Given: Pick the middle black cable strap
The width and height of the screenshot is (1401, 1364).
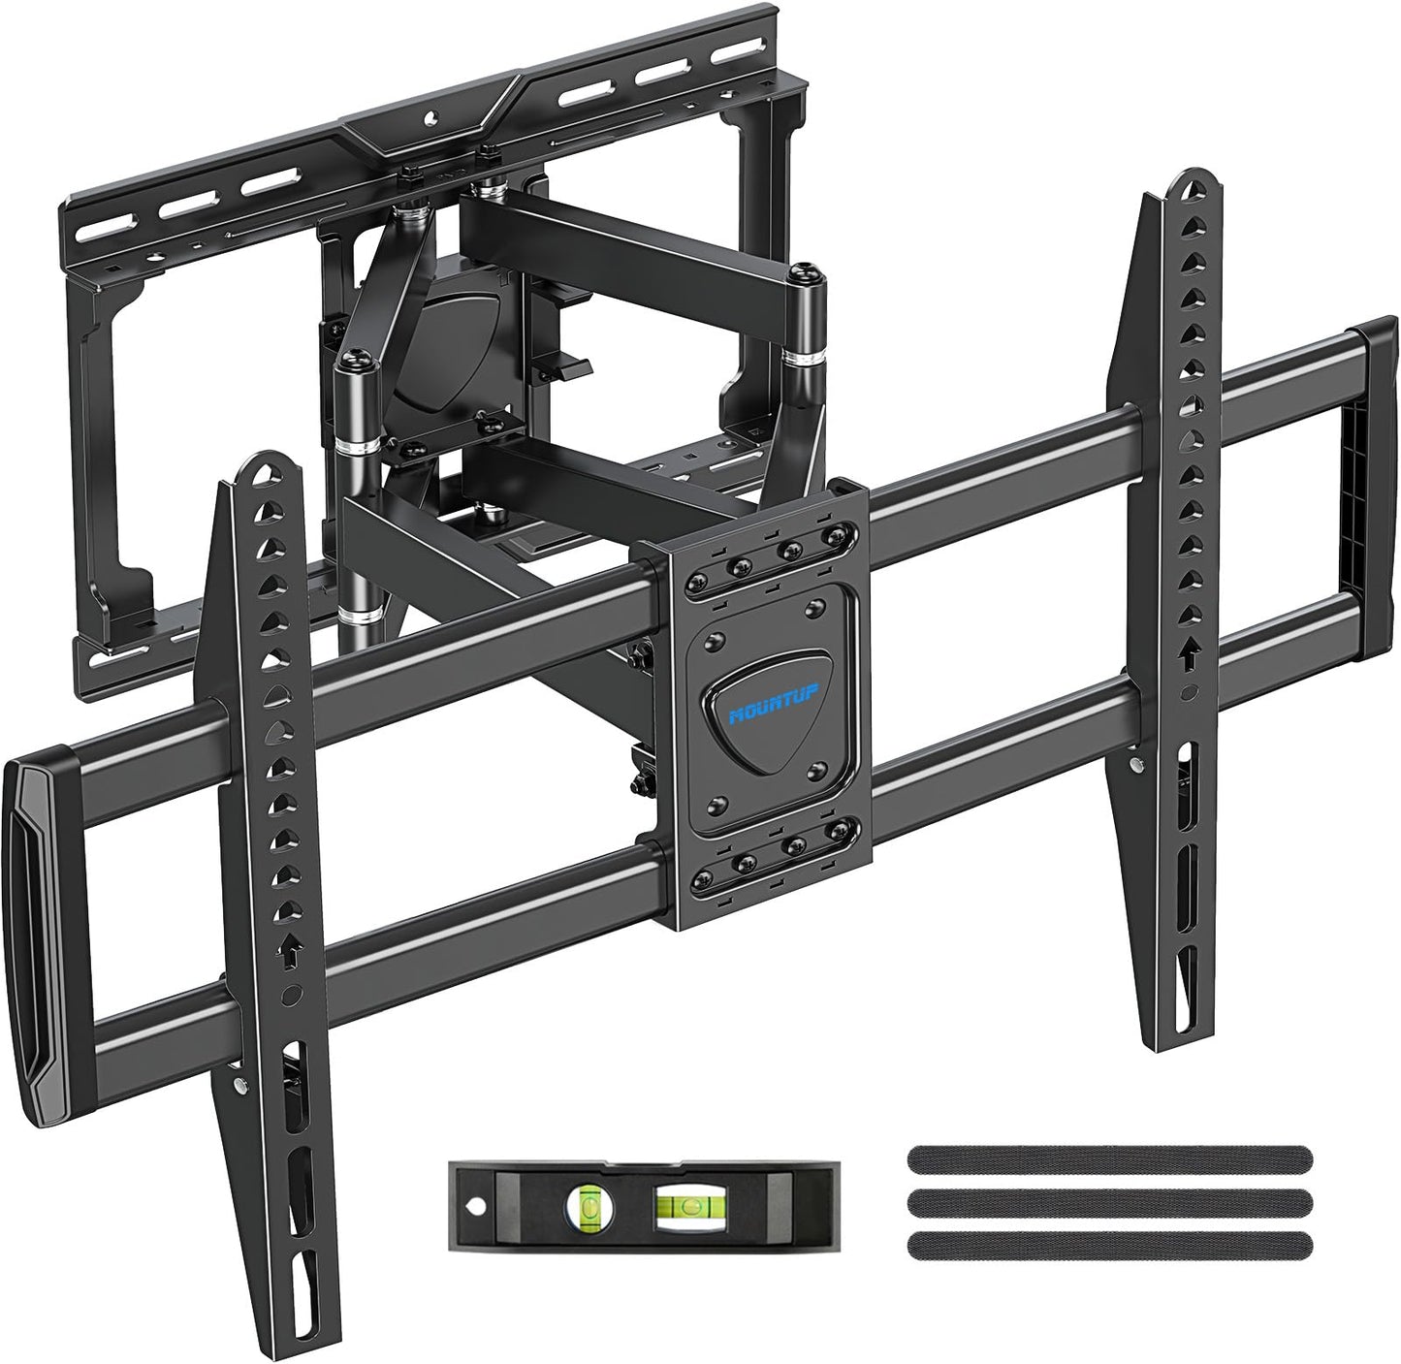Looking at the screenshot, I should (1109, 1201).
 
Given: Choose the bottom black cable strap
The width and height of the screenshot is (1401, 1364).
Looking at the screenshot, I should (1109, 1244).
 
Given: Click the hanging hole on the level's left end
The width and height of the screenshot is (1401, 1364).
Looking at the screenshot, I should (476, 1206).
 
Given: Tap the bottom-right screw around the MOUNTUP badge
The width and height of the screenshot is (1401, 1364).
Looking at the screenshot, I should (813, 770).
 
